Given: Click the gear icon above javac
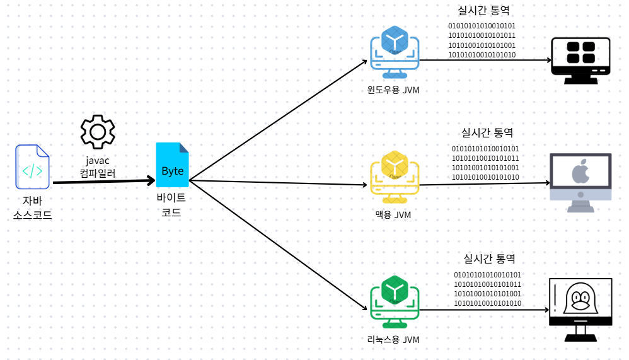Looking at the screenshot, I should click(x=98, y=131).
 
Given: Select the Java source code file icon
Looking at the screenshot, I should click(x=32, y=167).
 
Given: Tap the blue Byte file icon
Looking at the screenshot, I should click(x=172, y=165).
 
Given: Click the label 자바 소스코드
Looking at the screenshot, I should click(x=32, y=207).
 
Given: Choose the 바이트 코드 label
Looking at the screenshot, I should click(x=171, y=206).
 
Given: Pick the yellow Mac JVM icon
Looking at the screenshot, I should click(x=395, y=174).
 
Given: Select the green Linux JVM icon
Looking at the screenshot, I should click(x=395, y=299).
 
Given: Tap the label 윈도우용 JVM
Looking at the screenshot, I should click(x=393, y=90).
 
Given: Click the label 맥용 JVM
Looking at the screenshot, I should click(x=393, y=215).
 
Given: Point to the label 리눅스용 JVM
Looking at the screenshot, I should click(x=393, y=340).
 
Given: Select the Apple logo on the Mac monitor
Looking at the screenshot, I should click(x=580, y=172).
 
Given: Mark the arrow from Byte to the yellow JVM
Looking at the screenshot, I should click(x=277, y=183).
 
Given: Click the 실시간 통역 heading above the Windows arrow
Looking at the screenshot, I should click(x=483, y=11).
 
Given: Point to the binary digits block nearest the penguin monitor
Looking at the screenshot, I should click(x=488, y=289).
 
